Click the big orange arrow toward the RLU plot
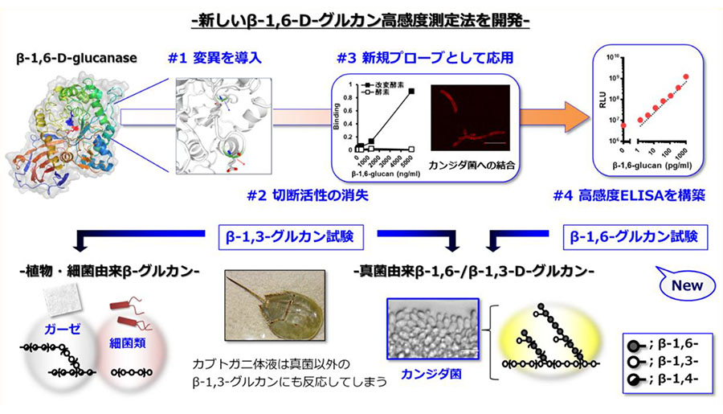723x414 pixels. [546, 118]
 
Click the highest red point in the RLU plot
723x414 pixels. [686, 76]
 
